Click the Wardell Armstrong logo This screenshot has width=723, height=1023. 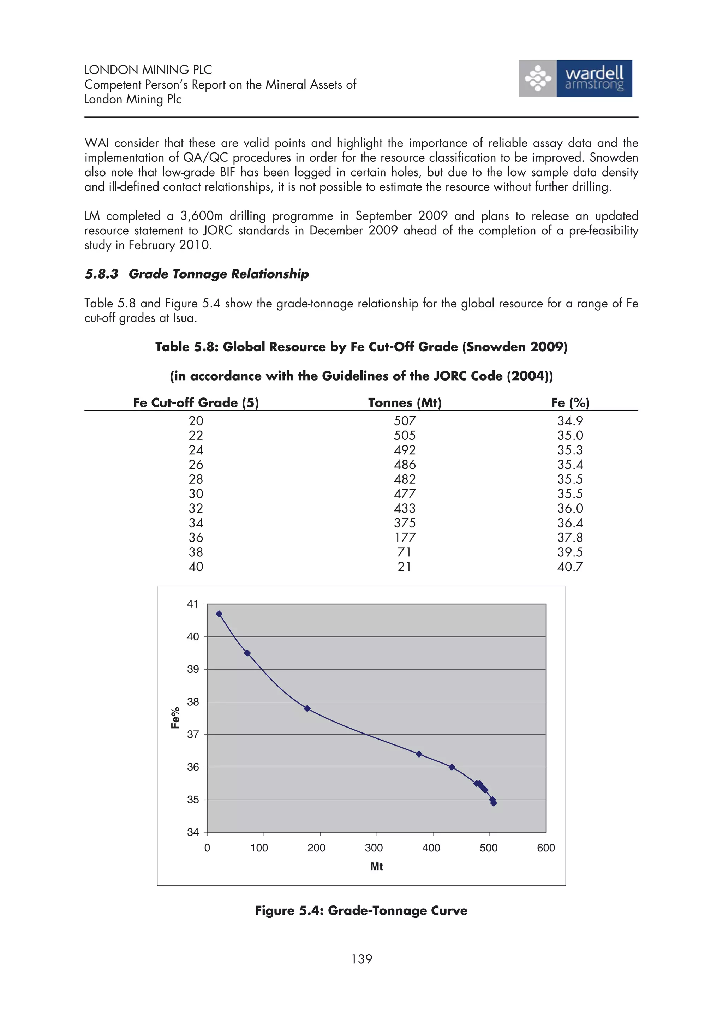575,79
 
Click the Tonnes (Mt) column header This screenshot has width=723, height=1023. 405,403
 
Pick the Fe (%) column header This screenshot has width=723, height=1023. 570,403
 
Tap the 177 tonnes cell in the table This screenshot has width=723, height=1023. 405,537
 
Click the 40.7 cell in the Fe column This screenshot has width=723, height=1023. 570,567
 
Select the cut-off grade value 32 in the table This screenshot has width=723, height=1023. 196,508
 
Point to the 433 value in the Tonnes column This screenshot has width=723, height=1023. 405,508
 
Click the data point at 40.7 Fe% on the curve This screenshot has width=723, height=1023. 219,614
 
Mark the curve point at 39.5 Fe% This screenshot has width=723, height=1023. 247,653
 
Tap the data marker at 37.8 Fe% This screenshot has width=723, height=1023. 307,708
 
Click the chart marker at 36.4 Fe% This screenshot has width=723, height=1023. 419,754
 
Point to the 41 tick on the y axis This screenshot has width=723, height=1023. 192,604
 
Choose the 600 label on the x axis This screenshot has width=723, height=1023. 546,848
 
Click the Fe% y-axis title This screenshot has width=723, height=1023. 175,718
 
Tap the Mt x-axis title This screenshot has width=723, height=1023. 376,867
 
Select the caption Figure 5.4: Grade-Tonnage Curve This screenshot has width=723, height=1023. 361,910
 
